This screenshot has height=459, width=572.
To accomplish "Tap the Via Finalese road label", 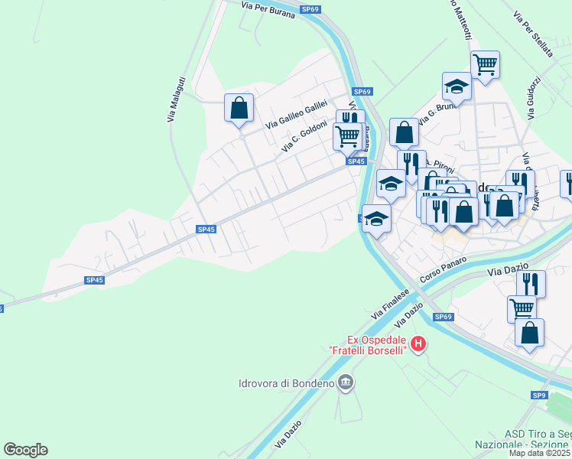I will coord(391,302).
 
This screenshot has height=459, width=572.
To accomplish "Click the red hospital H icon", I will coord(418,345).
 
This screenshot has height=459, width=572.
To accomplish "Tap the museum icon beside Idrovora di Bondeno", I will coord(346,382).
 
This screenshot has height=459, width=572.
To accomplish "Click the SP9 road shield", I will coord(540,396).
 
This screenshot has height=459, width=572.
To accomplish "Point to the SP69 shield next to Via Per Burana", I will coord(310,8).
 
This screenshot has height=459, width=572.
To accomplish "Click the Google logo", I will coord(25,450).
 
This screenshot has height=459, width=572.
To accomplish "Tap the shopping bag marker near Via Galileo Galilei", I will coord(239,107).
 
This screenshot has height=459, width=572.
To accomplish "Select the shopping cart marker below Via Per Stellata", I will coord(485,65).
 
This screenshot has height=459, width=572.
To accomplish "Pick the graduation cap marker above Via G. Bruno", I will coord(457,86).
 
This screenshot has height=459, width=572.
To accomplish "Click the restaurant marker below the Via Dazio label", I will coord(530,283).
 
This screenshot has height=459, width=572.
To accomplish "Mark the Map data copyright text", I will coord(539,453).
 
